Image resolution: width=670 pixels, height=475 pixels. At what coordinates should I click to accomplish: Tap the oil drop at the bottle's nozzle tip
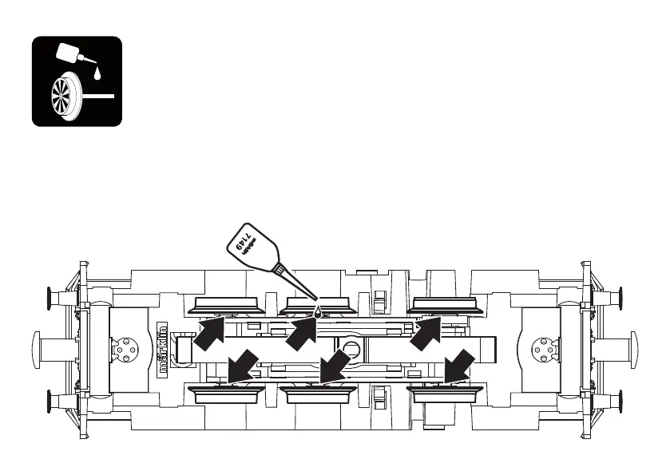318,312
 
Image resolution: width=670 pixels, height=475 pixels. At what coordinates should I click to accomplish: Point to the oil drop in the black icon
97,74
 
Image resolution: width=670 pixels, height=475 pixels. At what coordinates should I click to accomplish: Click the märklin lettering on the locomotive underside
162,349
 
